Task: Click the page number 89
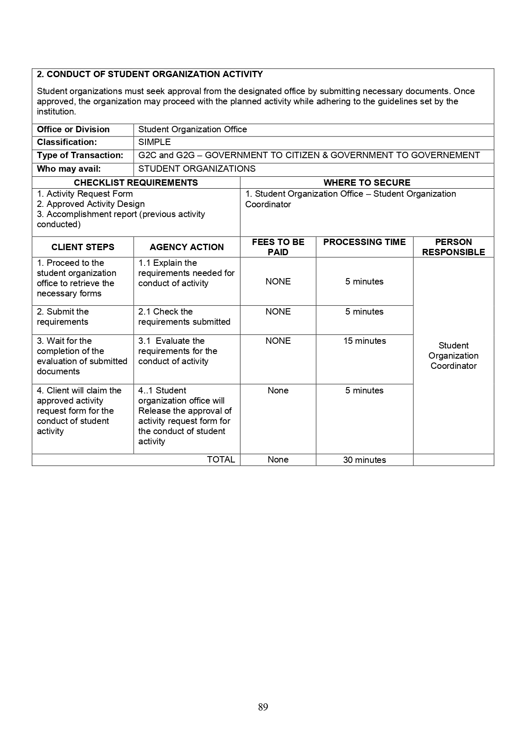pyautogui.click(x=263, y=707)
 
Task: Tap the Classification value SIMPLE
pyautogui.click(x=154, y=142)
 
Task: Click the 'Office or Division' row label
pyautogui.click(x=73, y=130)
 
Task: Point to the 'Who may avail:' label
pyautogui.click(x=69, y=169)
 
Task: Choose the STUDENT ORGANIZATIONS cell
pyautogui.click(x=197, y=169)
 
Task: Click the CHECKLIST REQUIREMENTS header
pyautogui.click(x=136, y=183)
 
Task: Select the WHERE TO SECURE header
pyautogui.click(x=367, y=183)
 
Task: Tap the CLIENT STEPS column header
pyautogui.click(x=83, y=247)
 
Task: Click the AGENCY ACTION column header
pyautogui.click(x=187, y=247)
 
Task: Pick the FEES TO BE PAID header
pyautogui.click(x=278, y=247)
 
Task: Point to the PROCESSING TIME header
pyautogui.click(x=364, y=242)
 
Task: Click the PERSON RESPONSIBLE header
pyautogui.click(x=453, y=247)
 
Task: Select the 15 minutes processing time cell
pyautogui.click(x=364, y=341)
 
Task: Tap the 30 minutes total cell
pyautogui.click(x=364, y=460)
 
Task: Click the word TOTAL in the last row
pyautogui.click(x=221, y=460)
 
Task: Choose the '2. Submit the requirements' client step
pyautogui.click(x=63, y=317)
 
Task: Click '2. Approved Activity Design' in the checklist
pyautogui.click(x=91, y=204)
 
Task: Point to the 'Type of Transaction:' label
pyautogui.click(x=80, y=156)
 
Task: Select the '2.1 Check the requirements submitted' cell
pyautogui.click(x=184, y=317)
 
